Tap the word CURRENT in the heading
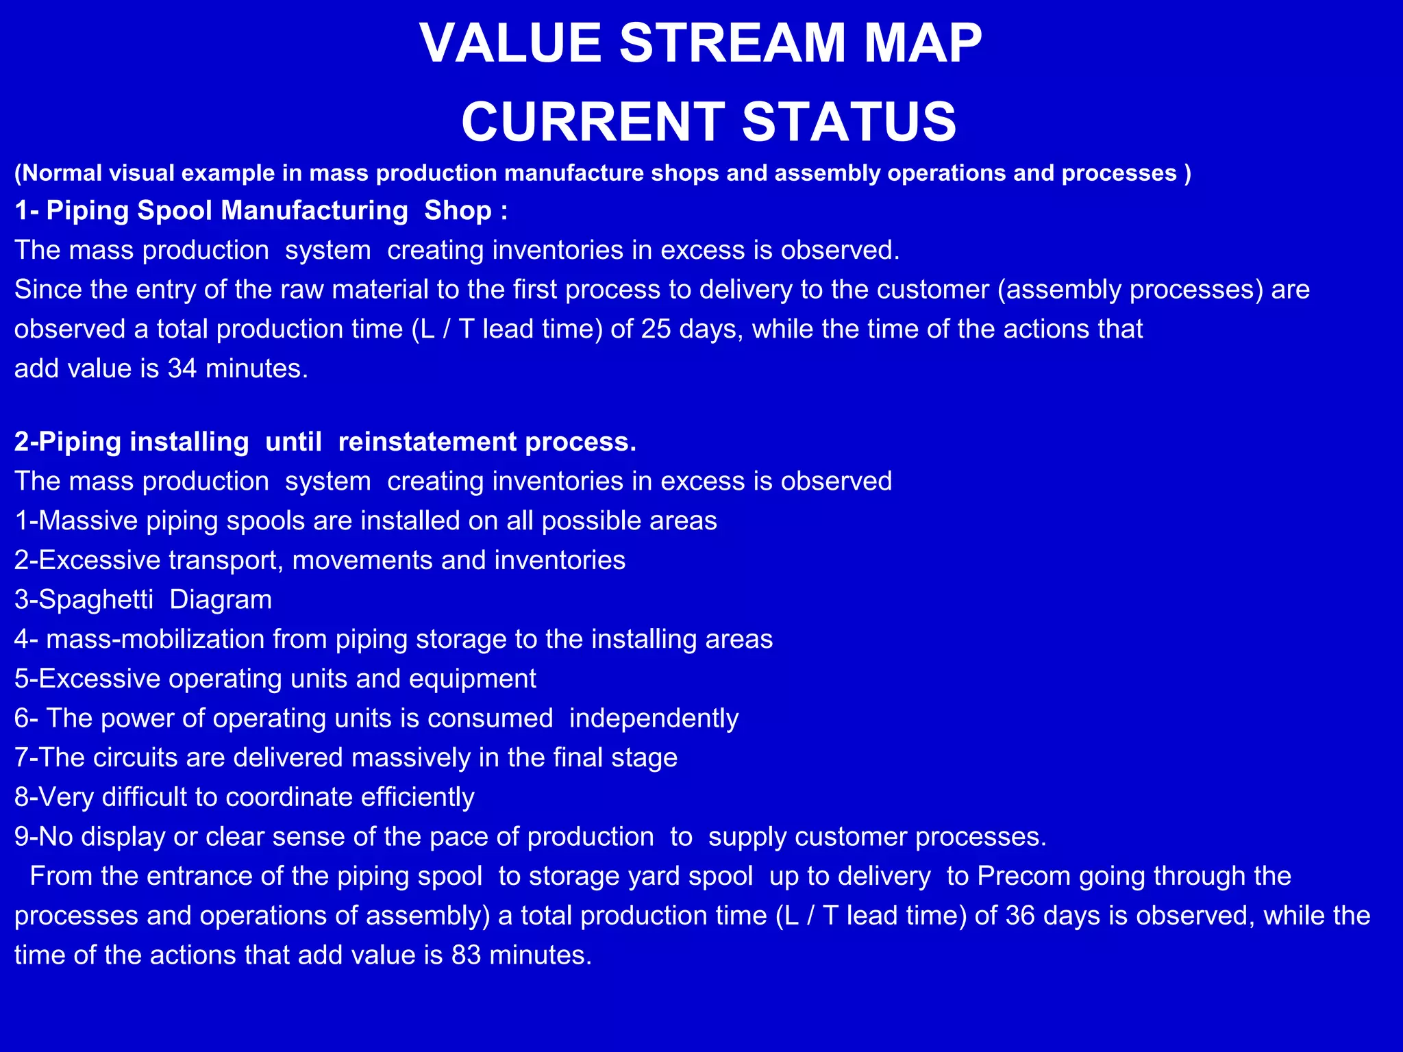[593, 122]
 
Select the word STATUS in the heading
[849, 122]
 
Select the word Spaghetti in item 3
[96, 600]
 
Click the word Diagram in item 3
[221, 600]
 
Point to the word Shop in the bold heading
[458, 210]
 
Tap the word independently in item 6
[654, 718]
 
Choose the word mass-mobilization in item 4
[156, 640]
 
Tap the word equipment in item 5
[472, 679]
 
